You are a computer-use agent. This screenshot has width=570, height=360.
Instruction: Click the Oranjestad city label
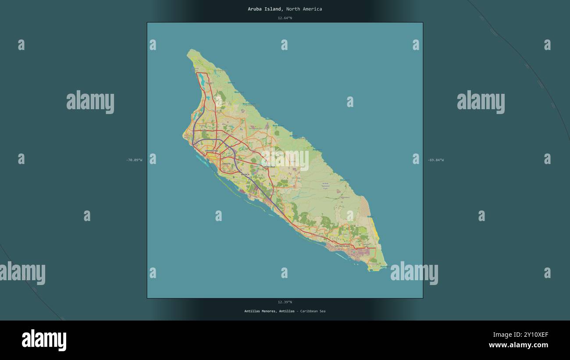pos(211,151)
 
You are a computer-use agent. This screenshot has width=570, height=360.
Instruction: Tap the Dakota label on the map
pos(226,164)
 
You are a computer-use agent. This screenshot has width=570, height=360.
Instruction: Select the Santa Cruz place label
pos(269,167)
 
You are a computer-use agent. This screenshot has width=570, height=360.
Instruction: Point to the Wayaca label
pos(245,175)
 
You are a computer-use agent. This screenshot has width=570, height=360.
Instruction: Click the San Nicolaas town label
pos(342,246)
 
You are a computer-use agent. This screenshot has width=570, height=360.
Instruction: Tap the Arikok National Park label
pos(325,185)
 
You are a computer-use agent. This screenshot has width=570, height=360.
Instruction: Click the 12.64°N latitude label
pos(285,18)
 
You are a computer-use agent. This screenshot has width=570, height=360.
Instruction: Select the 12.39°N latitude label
pos(285,302)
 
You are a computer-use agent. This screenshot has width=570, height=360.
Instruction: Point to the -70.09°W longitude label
pos(134,160)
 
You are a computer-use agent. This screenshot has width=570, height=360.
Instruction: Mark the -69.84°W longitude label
pos(435,160)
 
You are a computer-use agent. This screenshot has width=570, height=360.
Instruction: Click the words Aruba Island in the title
pos(265,9)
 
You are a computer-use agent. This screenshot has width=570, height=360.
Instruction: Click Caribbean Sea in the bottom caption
pos(313,311)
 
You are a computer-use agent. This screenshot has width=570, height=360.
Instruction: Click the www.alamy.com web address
pos(518,345)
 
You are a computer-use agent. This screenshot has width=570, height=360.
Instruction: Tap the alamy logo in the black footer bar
pos(44,340)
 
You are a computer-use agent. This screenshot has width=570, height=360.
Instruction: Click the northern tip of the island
pos(190,51)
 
